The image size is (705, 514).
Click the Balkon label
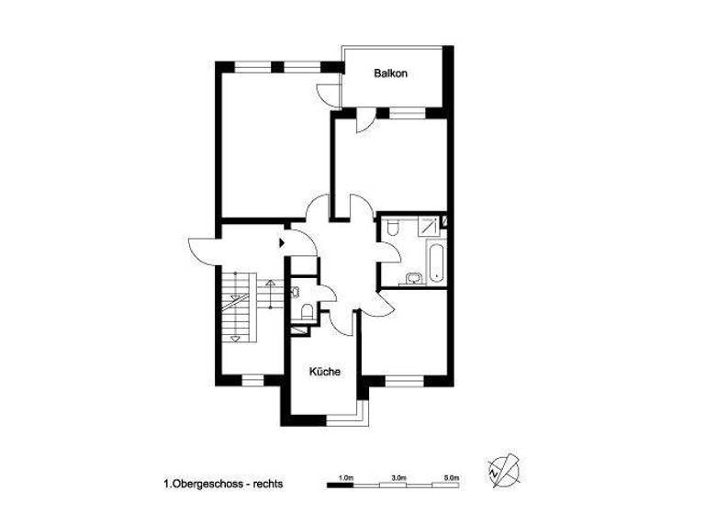click(x=390, y=73)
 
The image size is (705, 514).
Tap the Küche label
click(x=325, y=372)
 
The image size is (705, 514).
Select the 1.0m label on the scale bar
click(x=346, y=478)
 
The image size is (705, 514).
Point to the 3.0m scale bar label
click(x=398, y=478)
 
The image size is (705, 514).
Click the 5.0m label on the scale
click(x=451, y=478)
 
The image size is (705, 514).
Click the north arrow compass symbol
click(x=504, y=469)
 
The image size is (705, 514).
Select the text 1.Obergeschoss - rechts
click(x=223, y=482)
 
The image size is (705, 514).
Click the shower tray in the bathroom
click(x=429, y=227)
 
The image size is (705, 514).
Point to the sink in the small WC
click(x=295, y=292)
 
